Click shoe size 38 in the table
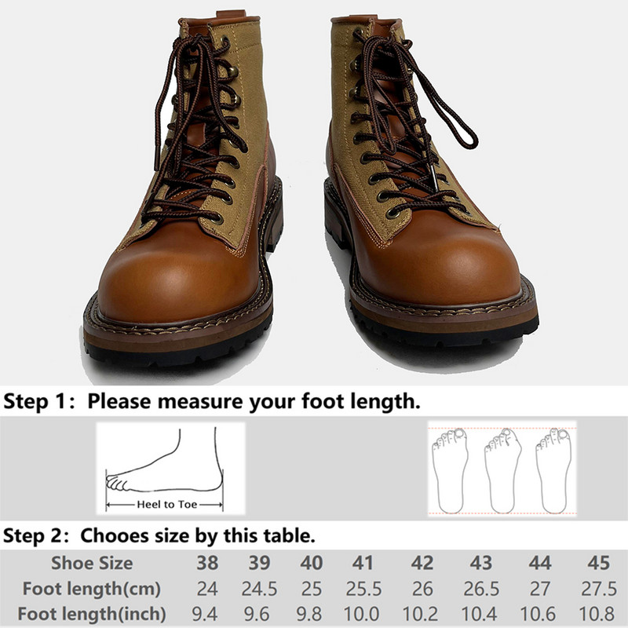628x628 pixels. [207, 563]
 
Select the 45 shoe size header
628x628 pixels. [598, 563]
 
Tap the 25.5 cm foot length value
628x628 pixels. [363, 589]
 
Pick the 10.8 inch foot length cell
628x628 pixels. [597, 614]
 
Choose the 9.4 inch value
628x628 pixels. [205, 614]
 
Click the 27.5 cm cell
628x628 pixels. [599, 589]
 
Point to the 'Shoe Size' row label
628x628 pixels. [92, 563]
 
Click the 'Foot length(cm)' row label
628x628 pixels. [92, 589]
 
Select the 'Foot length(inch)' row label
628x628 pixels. [92, 614]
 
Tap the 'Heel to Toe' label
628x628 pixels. [167, 504]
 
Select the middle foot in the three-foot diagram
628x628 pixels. [502, 471]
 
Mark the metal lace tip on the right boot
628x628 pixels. [435, 177]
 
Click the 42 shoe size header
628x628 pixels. [422, 563]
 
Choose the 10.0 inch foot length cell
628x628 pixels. [362, 614]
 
